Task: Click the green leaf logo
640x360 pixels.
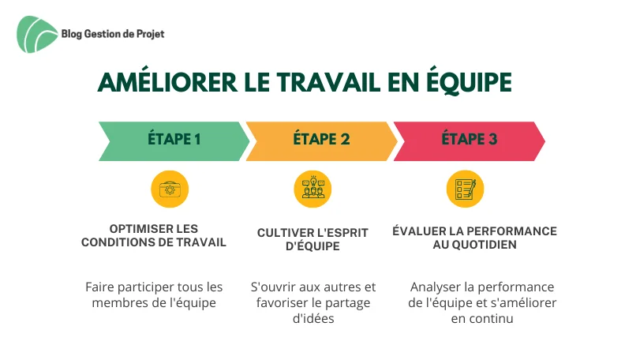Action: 37,34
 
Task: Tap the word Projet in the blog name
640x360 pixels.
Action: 150,34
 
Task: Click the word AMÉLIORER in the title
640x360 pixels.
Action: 167,82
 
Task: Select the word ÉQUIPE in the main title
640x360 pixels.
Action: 469,83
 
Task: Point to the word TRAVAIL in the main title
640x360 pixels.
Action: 328,83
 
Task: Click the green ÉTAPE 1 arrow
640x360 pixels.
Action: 174,141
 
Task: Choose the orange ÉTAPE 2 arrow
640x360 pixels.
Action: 321,141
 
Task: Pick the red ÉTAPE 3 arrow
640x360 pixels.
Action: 469,141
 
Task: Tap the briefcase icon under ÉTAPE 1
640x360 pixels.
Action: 170,189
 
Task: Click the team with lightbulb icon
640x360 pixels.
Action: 313,189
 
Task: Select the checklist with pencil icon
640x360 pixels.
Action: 465,189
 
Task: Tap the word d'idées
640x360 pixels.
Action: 313,318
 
